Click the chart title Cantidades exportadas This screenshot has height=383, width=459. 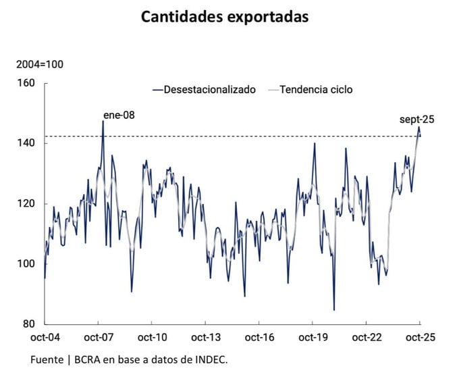coord(225,17)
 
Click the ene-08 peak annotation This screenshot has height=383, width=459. coord(119,115)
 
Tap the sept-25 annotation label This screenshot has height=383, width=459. coord(416,120)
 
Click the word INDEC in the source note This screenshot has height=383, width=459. coord(211,361)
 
